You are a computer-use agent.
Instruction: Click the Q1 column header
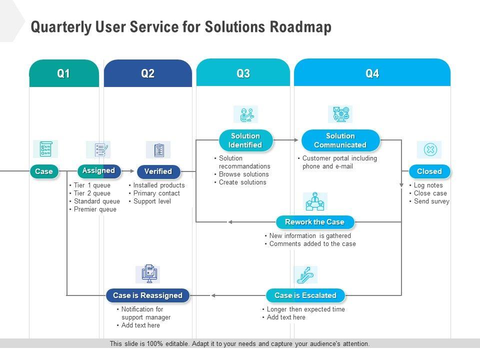[64, 73]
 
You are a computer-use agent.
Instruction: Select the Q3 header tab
[243, 73]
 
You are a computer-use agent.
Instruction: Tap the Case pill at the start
[44, 171]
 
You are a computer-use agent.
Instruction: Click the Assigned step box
[99, 171]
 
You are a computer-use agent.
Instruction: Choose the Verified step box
[158, 171]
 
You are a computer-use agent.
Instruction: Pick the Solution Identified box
[245, 140]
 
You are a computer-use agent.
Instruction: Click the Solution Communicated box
[340, 140]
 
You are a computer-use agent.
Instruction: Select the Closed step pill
[429, 171]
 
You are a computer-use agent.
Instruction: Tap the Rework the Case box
[315, 222]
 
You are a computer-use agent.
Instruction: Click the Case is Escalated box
[305, 295]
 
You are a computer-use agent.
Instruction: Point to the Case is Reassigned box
[148, 295]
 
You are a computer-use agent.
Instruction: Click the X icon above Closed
[430, 149]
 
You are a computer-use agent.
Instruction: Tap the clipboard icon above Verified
[159, 150]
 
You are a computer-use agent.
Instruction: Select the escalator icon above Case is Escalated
[305, 274]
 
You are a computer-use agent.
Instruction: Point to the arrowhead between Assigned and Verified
[132, 171]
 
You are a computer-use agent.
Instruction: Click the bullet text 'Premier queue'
[95, 209]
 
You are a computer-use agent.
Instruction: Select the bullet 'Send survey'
[431, 201]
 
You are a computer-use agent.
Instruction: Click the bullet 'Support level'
[152, 201]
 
